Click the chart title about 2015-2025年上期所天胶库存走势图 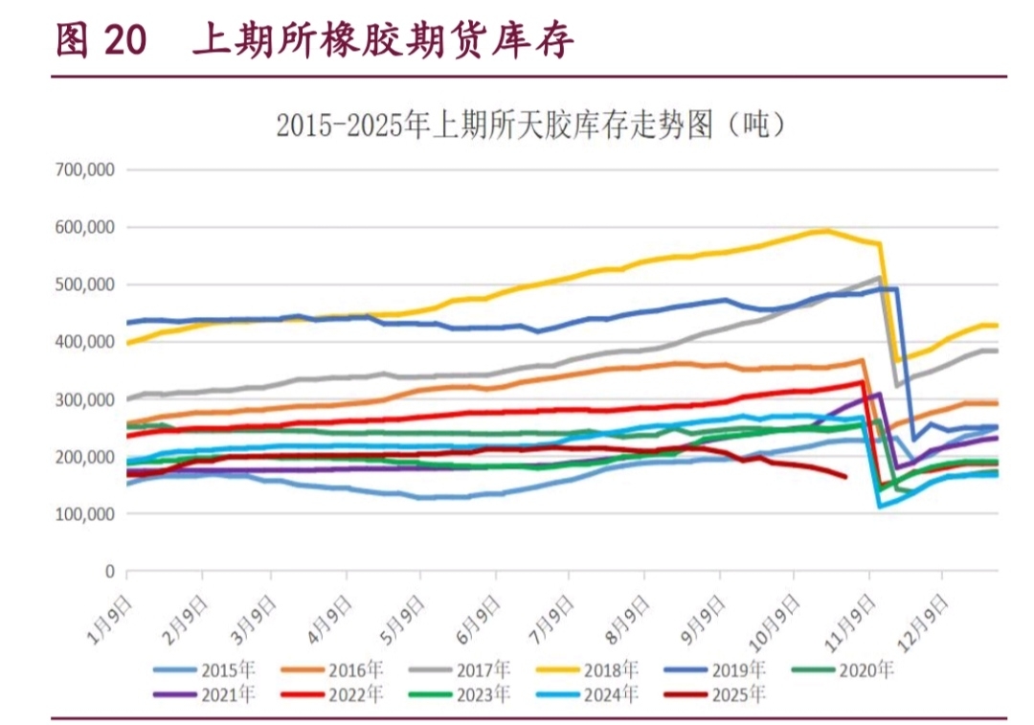click(530, 125)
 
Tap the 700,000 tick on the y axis click(80, 170)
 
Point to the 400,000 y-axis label click(80, 342)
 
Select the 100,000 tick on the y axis click(80, 514)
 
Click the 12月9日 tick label click(930, 608)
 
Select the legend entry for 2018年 click(602, 670)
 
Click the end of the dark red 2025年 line click(844, 477)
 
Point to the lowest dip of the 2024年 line click(880, 507)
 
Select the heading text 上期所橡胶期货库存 click(383, 39)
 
